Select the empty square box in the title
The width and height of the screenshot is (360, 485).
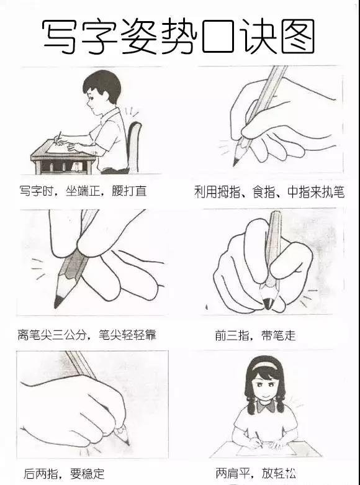(x=215, y=36)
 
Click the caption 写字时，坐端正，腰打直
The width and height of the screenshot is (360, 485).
(x=83, y=191)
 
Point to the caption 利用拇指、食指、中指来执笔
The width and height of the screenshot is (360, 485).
(x=269, y=192)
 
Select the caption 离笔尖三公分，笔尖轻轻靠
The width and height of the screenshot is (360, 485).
(x=86, y=335)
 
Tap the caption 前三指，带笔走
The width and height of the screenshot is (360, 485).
(x=255, y=336)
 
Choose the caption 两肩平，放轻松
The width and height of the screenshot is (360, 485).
(x=256, y=474)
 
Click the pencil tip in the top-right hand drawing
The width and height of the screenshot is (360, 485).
(x=236, y=162)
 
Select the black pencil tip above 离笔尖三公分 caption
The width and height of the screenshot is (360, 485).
(x=58, y=301)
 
